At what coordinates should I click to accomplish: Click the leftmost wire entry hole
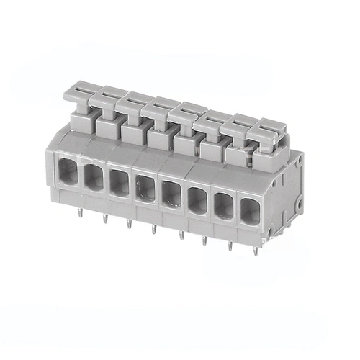pyautogui.click(x=68, y=173)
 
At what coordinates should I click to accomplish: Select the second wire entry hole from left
pyautogui.click(x=94, y=178)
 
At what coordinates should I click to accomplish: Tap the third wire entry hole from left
pyautogui.click(x=120, y=183)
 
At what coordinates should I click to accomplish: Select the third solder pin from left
pyautogui.click(x=129, y=222)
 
